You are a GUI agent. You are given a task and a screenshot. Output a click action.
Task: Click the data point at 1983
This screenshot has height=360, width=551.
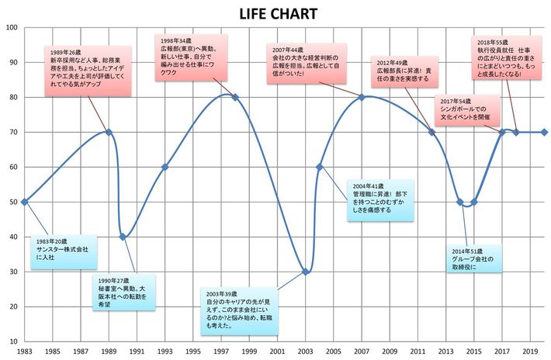tap(24, 202)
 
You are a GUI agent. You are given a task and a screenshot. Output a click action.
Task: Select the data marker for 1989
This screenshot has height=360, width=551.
tap(109, 132)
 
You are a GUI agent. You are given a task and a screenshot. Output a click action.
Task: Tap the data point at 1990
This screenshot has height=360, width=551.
tap(123, 237)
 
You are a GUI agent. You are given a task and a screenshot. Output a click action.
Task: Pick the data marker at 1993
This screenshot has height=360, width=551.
tap(165, 167)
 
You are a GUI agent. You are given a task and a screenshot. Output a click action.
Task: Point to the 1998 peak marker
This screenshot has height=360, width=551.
tap(235, 98)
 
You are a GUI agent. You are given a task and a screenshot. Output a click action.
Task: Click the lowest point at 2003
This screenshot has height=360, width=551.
tap(306, 272)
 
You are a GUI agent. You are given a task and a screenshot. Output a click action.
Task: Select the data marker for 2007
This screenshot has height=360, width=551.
tap(362, 97)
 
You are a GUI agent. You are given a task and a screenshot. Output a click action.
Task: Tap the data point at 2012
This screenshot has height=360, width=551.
tap(432, 132)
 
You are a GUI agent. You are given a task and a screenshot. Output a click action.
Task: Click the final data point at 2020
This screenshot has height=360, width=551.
tap(544, 132)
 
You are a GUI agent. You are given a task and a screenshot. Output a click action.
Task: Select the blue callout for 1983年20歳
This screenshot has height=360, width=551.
tap(65, 251)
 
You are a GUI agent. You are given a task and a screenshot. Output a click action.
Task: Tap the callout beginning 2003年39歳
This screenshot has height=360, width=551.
tap(244, 310)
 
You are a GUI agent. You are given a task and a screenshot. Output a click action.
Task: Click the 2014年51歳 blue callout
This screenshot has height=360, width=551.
tap(474, 258)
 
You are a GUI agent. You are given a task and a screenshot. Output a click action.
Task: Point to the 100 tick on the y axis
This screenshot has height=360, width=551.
tap(12, 28)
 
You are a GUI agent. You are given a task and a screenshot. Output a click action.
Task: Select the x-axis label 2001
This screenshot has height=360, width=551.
tap(278, 351)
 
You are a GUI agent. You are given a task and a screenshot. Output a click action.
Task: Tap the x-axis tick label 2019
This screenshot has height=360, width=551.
tap(531, 351)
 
